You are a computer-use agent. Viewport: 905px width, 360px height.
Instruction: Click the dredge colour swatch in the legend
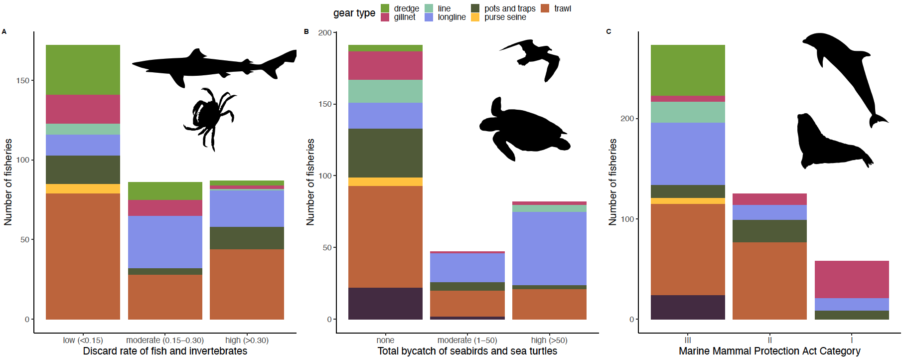(x=385, y=8)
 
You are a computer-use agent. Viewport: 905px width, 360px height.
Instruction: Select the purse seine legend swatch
(x=475, y=17)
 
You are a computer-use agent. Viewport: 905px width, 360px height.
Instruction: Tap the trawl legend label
(x=563, y=8)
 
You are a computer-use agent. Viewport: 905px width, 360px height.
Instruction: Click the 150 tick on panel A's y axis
(x=22, y=80)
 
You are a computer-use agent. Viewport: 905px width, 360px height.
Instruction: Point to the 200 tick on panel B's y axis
(x=325, y=32)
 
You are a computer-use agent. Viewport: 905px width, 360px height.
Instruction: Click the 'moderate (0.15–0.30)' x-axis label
(x=165, y=340)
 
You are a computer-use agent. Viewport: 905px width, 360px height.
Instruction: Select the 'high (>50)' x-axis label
(x=549, y=340)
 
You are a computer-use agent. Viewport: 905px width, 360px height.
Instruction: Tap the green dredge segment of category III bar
(x=688, y=70)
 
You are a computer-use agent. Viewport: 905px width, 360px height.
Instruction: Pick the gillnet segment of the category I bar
(x=852, y=279)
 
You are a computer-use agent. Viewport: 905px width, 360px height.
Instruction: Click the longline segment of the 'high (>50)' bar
(x=549, y=248)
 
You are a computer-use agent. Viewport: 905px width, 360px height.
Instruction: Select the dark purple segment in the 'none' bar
(x=385, y=303)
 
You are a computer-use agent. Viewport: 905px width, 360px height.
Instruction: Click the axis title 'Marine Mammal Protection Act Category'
(x=769, y=351)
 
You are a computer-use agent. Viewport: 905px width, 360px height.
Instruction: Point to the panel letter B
(x=306, y=31)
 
